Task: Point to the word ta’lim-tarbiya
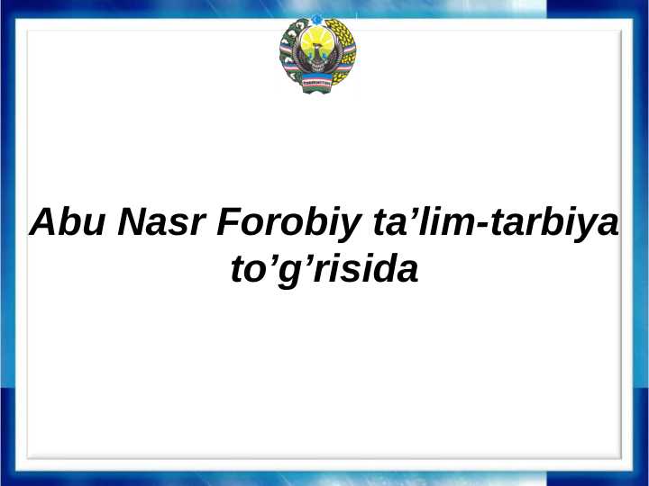495,221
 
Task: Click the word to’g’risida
324,269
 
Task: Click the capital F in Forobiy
226,221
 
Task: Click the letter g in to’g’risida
290,272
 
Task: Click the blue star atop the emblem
316,20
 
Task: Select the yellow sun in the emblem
316,41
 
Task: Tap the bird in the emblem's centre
316,60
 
